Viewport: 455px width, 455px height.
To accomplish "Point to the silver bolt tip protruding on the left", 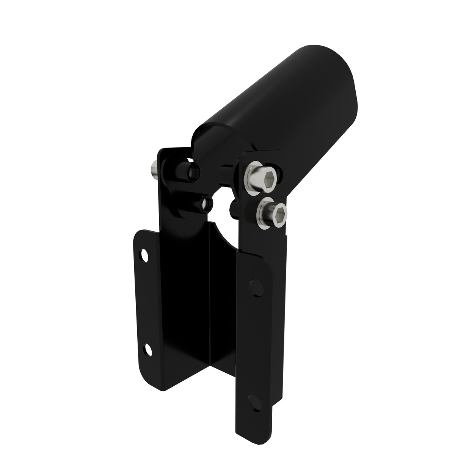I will coord(154,169).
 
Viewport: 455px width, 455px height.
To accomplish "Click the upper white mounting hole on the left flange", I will coord(144,255).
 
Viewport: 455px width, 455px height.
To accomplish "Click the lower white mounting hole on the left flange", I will coord(148,349).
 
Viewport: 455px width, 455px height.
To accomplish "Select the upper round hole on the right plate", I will coord(257,288).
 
